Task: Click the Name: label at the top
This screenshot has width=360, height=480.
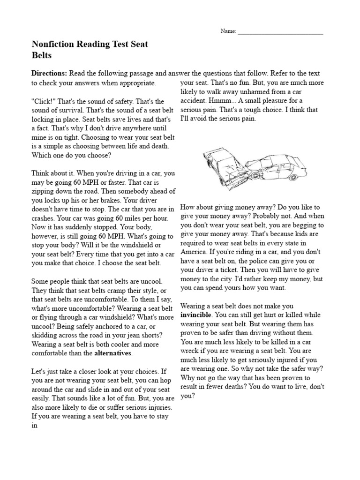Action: click(228, 31)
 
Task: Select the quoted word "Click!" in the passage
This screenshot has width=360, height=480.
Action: click(43, 101)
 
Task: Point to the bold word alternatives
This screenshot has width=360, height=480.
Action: click(113, 352)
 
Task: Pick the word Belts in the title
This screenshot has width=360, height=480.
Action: click(41, 55)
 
